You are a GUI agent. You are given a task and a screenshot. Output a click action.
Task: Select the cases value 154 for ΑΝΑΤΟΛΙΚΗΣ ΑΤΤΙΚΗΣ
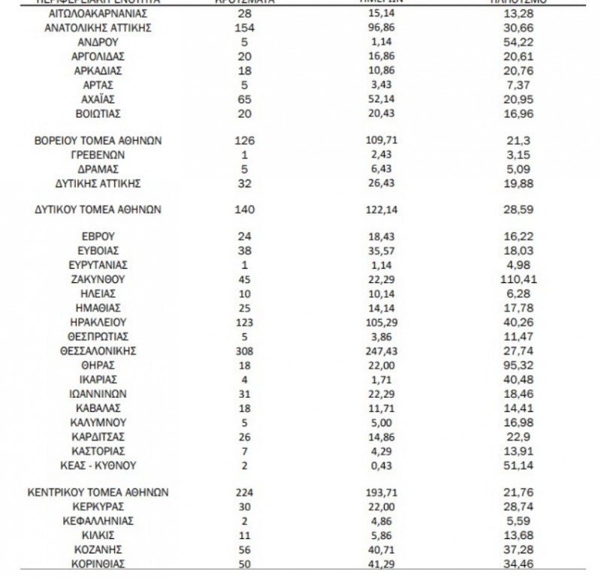[246, 29]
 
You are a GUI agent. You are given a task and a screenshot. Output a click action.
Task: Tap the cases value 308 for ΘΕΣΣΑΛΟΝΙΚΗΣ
[246, 350]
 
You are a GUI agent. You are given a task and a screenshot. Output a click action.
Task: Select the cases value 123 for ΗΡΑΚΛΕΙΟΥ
[246, 321]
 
